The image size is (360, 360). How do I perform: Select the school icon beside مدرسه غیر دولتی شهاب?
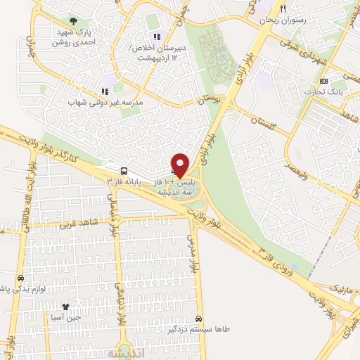click(x=105, y=91)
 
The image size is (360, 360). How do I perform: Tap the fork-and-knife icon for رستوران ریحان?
click(x=282, y=9)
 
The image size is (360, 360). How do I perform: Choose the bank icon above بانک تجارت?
click(x=323, y=81)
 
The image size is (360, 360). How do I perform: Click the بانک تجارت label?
click(x=323, y=92)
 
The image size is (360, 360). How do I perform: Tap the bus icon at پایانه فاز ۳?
click(x=124, y=171)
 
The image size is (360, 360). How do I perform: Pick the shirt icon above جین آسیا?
click(x=66, y=307)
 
